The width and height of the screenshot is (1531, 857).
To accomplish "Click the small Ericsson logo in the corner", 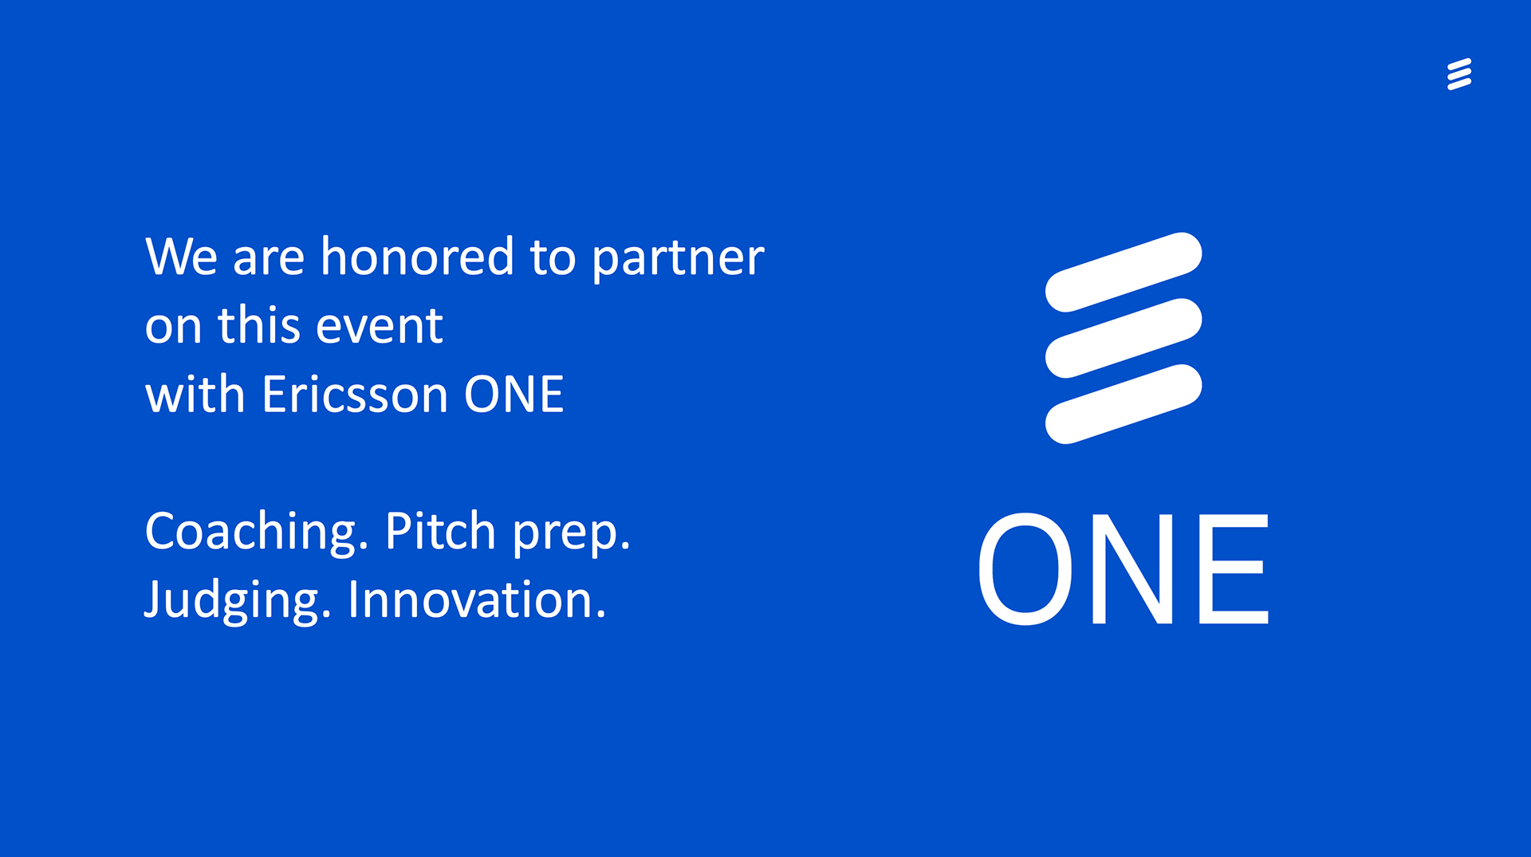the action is click(1459, 74).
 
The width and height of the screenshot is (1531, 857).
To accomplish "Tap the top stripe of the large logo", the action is click(1124, 272).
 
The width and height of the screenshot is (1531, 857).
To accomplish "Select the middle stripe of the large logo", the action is click(1124, 338).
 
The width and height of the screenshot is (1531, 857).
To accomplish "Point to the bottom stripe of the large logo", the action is click(1124, 404).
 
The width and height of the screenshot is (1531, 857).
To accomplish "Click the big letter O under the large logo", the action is click(1025, 568).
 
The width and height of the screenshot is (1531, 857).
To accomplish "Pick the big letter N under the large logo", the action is click(1132, 568).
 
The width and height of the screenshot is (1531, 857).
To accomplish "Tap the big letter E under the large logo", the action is click(1234, 568).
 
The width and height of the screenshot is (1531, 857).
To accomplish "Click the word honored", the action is click(417, 256).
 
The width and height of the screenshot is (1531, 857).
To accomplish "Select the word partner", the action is click(678, 259).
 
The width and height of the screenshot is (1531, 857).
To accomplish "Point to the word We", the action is click(181, 257).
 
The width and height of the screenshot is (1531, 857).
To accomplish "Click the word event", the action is click(379, 326).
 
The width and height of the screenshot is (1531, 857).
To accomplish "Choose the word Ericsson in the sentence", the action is click(355, 394).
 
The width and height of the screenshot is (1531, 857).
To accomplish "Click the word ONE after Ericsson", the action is click(514, 395).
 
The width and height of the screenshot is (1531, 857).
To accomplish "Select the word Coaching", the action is click(257, 532).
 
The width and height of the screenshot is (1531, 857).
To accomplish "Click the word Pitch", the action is click(440, 531).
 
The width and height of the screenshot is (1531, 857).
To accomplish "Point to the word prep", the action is click(571, 534).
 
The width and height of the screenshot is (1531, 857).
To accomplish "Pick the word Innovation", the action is click(477, 600).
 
